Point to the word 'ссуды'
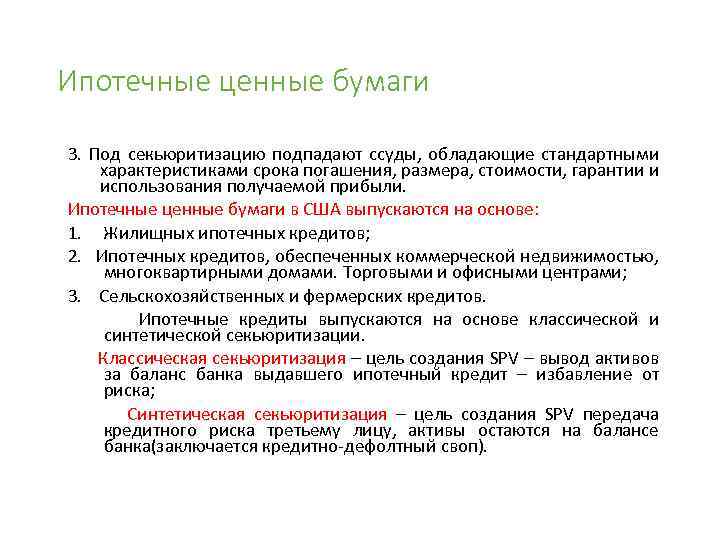point(392,155)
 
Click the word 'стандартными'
point(600,155)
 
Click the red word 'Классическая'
point(151,359)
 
